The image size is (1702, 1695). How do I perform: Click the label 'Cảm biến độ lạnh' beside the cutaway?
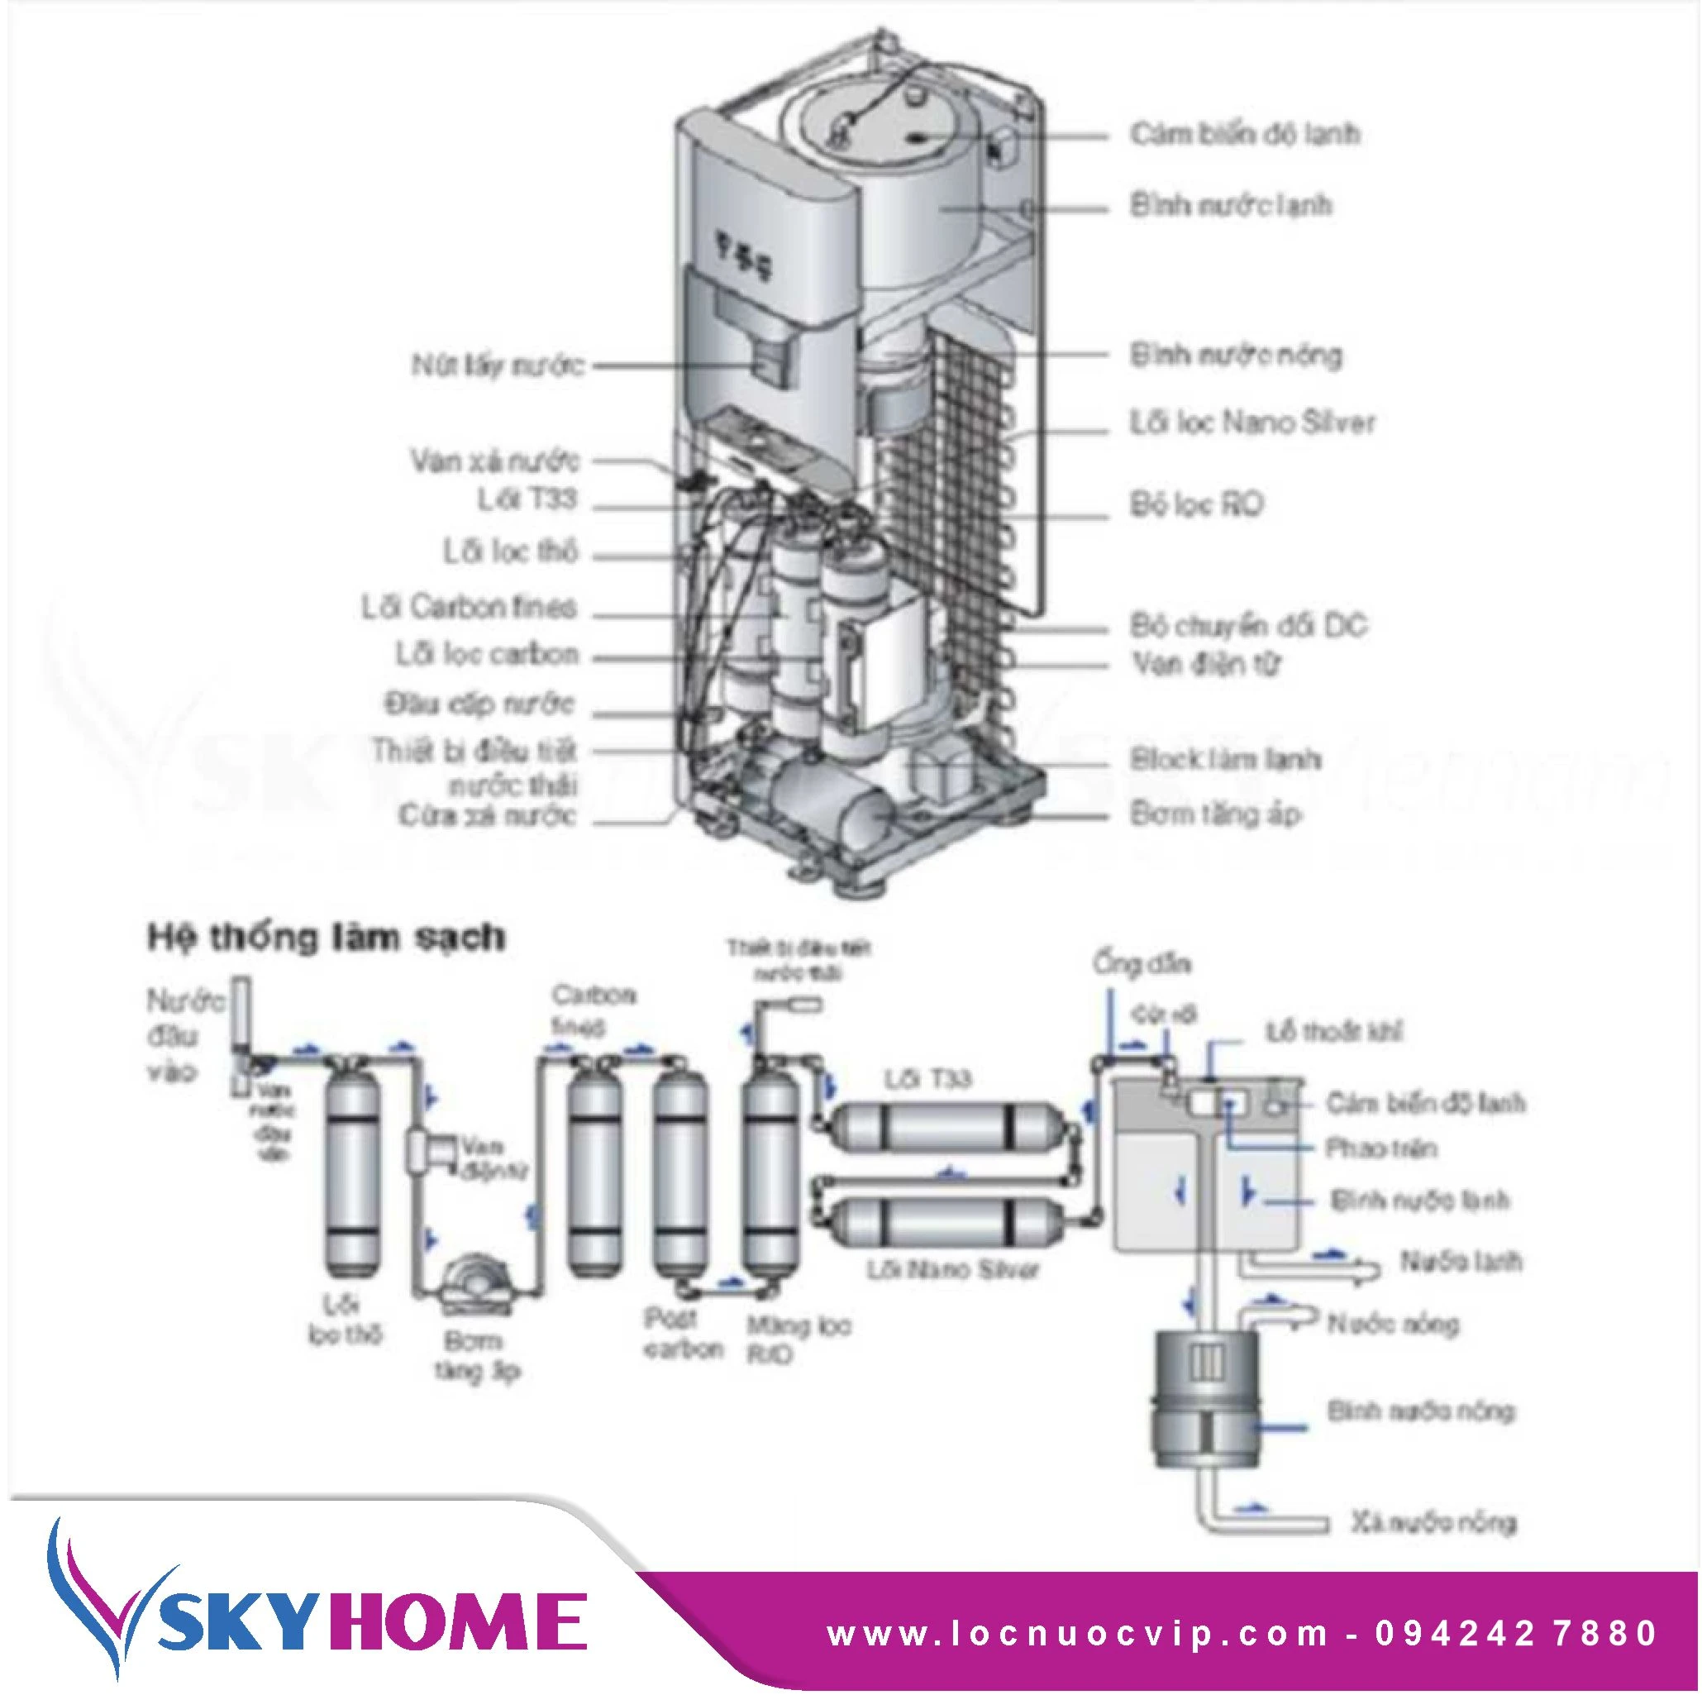click(1244, 135)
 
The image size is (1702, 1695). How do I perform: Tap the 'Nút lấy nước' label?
click(498, 365)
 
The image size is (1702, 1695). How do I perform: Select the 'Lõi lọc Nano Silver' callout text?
click(1251, 423)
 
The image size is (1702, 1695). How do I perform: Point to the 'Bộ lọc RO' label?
click(1196, 505)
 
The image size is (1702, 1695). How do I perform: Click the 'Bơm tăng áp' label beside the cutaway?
click(1215, 815)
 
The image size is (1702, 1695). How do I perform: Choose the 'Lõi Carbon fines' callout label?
click(469, 607)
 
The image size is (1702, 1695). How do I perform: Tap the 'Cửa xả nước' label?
click(487, 816)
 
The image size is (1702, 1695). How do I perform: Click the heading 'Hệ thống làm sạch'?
click(326, 937)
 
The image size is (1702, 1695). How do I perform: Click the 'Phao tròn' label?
click(1380, 1148)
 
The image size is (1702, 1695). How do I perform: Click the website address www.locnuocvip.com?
click(1077, 1633)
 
